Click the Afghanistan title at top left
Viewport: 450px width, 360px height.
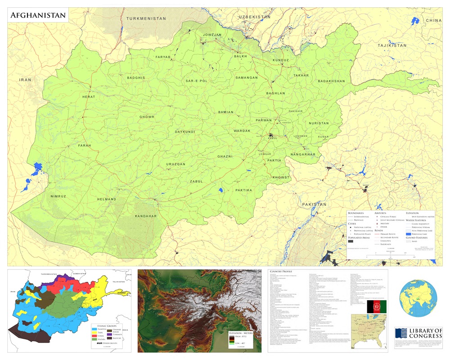pyautogui.click(x=38, y=16)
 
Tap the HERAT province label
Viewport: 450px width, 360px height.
pyautogui.click(x=89, y=97)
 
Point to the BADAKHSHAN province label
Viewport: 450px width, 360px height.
pyautogui.click(x=331, y=81)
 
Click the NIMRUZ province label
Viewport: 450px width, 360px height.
pyautogui.click(x=58, y=197)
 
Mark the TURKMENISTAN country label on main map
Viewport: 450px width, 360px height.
pyautogui.click(x=146, y=18)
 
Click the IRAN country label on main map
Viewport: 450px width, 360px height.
pyautogui.click(x=25, y=80)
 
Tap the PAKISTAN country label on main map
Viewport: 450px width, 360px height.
pyautogui.click(x=314, y=204)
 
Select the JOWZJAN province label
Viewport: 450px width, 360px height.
pyautogui.click(x=212, y=35)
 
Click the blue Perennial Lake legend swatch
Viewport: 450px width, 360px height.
pyautogui.click(x=409, y=234)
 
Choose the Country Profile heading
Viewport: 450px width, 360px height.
pyautogui.click(x=282, y=272)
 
